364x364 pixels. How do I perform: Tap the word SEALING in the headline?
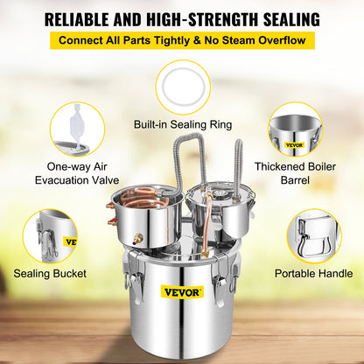(280, 17)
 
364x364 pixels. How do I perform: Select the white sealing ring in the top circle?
(183, 87)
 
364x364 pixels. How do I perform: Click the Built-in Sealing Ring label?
(182, 125)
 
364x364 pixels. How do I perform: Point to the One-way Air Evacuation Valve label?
(77, 173)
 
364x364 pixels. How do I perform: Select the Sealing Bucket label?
(50, 274)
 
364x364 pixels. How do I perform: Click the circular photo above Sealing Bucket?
(50, 235)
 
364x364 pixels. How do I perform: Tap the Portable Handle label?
(314, 274)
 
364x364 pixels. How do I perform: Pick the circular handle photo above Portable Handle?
(313, 235)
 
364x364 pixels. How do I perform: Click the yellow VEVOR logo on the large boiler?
(183, 291)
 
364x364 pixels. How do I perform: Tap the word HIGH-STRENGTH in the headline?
(184, 17)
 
